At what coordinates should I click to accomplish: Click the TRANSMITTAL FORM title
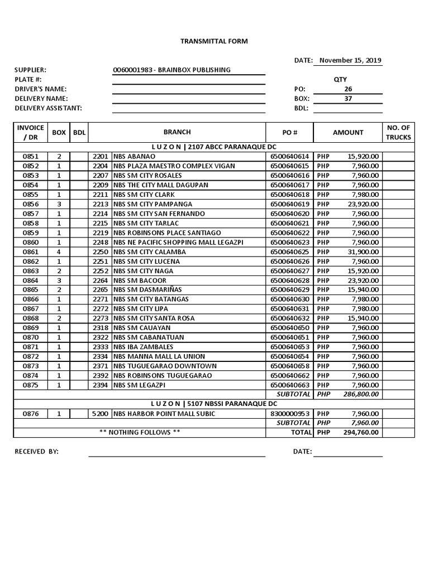tap(214, 41)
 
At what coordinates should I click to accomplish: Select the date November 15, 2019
tap(350, 60)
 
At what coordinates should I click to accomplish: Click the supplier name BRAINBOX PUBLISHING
tap(171, 70)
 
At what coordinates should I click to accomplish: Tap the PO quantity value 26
tap(348, 89)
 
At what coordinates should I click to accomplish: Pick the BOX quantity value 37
tap(348, 98)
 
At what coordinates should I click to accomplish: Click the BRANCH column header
tap(177, 132)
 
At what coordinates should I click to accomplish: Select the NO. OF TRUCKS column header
tap(398, 132)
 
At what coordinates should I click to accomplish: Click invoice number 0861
tap(31, 251)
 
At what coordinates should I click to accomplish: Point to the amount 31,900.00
tap(363, 251)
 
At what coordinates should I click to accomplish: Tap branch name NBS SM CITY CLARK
tap(144, 195)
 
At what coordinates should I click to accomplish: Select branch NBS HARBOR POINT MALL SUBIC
tap(164, 413)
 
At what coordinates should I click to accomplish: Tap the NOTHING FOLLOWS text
tap(140, 432)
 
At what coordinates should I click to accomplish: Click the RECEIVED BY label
tap(36, 452)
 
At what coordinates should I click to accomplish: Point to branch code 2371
tap(99, 366)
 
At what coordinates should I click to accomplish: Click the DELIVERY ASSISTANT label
tap(48, 108)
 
